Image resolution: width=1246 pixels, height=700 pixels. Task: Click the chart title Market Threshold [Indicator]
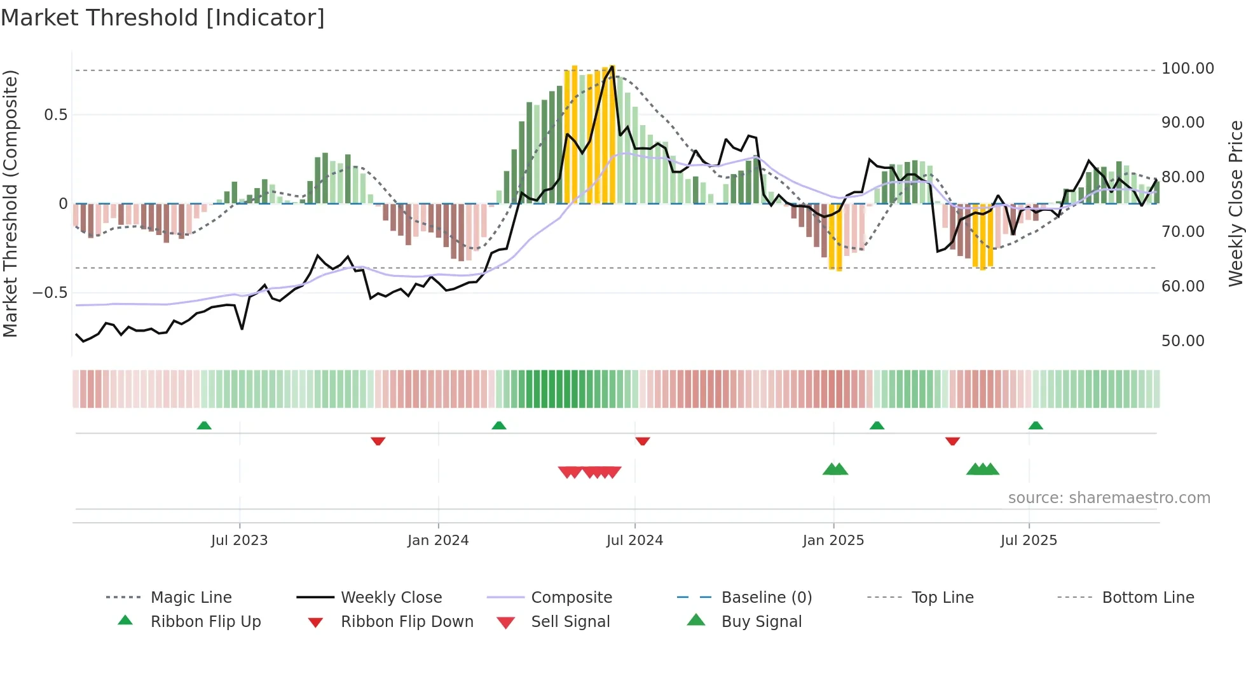[163, 18]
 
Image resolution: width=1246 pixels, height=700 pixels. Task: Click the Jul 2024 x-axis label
[634, 541]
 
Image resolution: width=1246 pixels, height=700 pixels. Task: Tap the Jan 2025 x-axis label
[833, 541]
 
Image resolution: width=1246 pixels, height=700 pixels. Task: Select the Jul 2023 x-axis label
[239, 541]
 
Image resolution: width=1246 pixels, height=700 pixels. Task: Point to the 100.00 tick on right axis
[1187, 69]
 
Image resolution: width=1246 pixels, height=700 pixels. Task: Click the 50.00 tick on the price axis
[1182, 341]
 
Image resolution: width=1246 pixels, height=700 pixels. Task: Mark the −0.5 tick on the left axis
[50, 293]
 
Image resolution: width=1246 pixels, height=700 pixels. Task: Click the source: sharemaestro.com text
[1109, 498]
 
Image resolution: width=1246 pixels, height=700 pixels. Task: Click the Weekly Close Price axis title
[1235, 203]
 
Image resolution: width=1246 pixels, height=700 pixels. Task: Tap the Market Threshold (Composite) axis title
[10, 203]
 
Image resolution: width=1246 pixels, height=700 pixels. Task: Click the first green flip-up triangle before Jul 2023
[204, 426]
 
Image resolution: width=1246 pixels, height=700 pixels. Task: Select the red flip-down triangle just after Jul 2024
[642, 441]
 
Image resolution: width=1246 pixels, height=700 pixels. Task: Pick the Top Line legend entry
[941, 598]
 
